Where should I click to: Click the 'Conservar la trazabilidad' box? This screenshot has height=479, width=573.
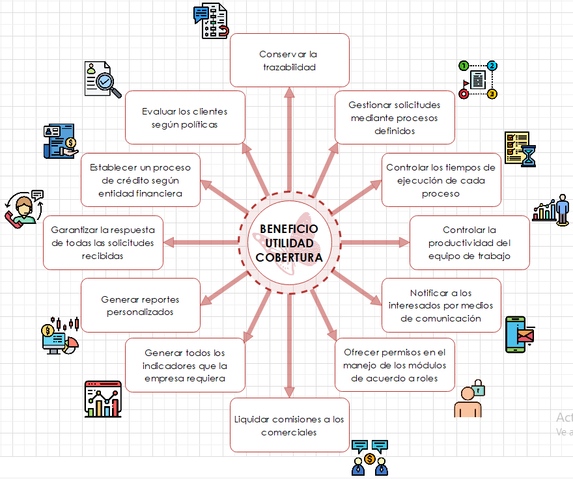(x=289, y=60)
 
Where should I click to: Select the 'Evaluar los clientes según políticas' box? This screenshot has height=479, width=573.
(x=185, y=117)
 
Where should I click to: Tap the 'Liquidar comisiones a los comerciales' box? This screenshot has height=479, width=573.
(x=289, y=425)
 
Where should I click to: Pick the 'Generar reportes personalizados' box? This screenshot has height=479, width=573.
(x=140, y=305)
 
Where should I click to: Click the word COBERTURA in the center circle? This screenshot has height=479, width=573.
(x=289, y=258)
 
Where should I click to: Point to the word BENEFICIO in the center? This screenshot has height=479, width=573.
(x=289, y=229)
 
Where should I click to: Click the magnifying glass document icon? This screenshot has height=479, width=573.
(x=102, y=79)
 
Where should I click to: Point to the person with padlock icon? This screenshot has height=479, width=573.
(x=469, y=398)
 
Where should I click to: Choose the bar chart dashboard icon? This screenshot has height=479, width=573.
(x=103, y=399)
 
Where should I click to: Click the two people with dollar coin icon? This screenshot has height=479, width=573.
(x=369, y=458)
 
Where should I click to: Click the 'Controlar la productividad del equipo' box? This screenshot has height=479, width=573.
(x=469, y=243)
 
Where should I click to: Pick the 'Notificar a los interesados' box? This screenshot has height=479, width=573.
(x=441, y=305)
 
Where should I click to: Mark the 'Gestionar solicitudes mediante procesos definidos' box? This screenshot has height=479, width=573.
(x=395, y=117)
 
